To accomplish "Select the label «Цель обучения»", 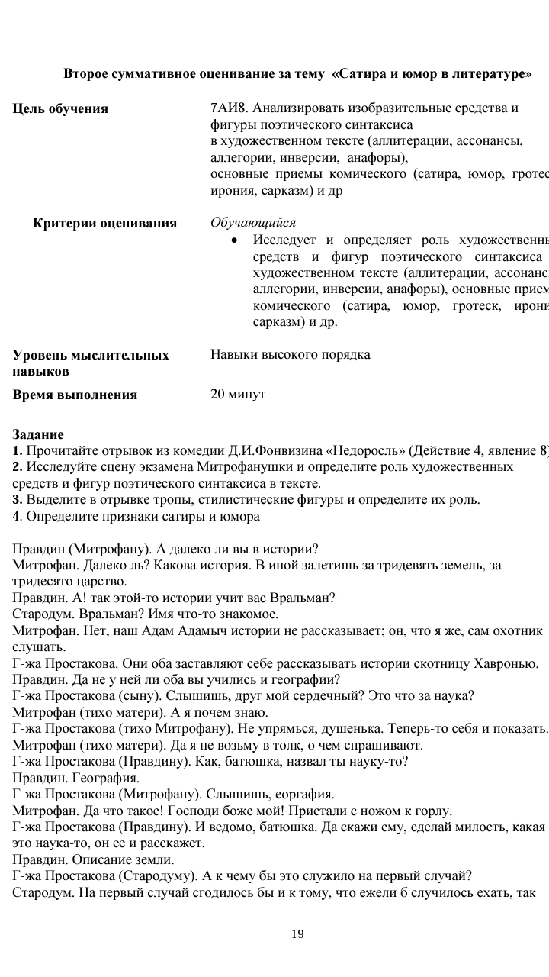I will (60, 108).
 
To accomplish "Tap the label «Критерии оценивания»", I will (104, 224).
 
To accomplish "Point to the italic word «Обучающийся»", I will (252, 223).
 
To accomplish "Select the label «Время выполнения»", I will (75, 395).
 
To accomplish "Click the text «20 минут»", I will (237, 394).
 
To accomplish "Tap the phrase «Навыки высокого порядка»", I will (290, 355).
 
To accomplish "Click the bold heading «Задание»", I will (38, 434).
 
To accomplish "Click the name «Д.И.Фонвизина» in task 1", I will (289, 450).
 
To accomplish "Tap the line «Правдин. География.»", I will (76, 778).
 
